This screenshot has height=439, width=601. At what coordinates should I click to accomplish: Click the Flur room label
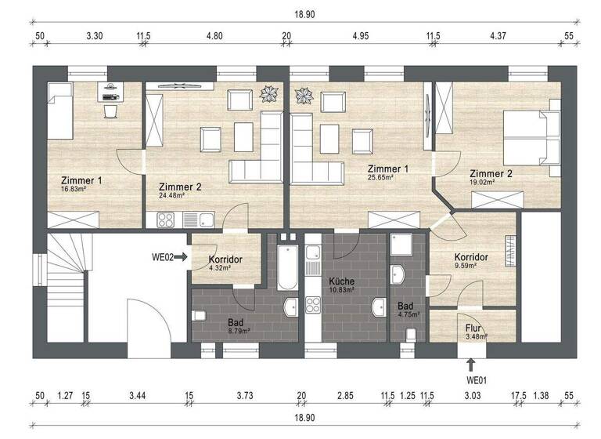(473, 328)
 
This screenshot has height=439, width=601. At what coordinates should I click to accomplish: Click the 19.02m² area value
(482, 183)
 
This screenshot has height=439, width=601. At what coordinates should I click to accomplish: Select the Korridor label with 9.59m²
(471, 258)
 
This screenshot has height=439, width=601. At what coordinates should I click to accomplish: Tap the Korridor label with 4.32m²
(225, 259)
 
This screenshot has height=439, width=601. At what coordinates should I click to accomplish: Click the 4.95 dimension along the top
(360, 36)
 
